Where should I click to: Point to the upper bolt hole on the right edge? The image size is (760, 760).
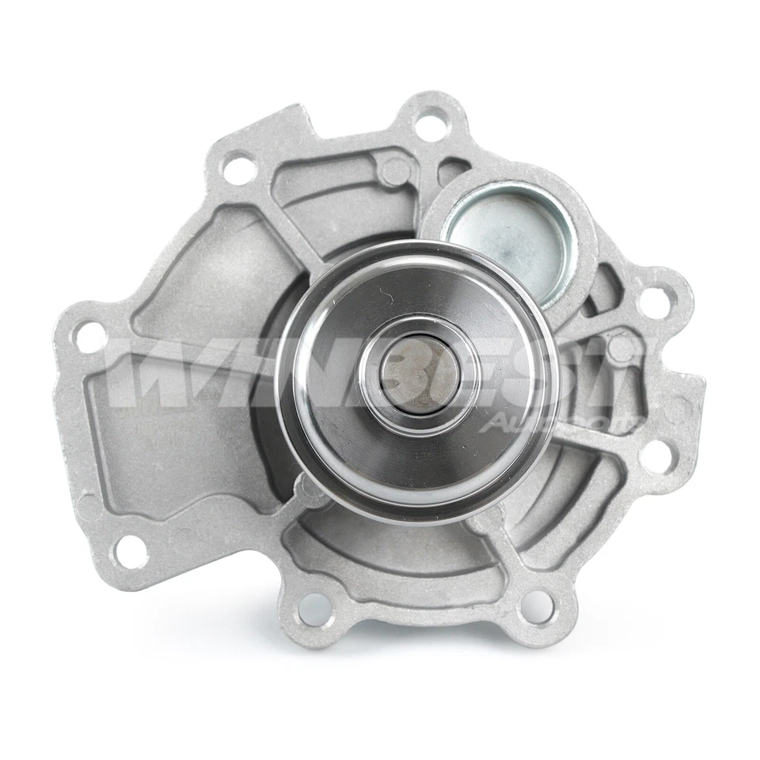[x=654, y=302]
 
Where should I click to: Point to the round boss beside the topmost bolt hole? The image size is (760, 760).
[x=393, y=171]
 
